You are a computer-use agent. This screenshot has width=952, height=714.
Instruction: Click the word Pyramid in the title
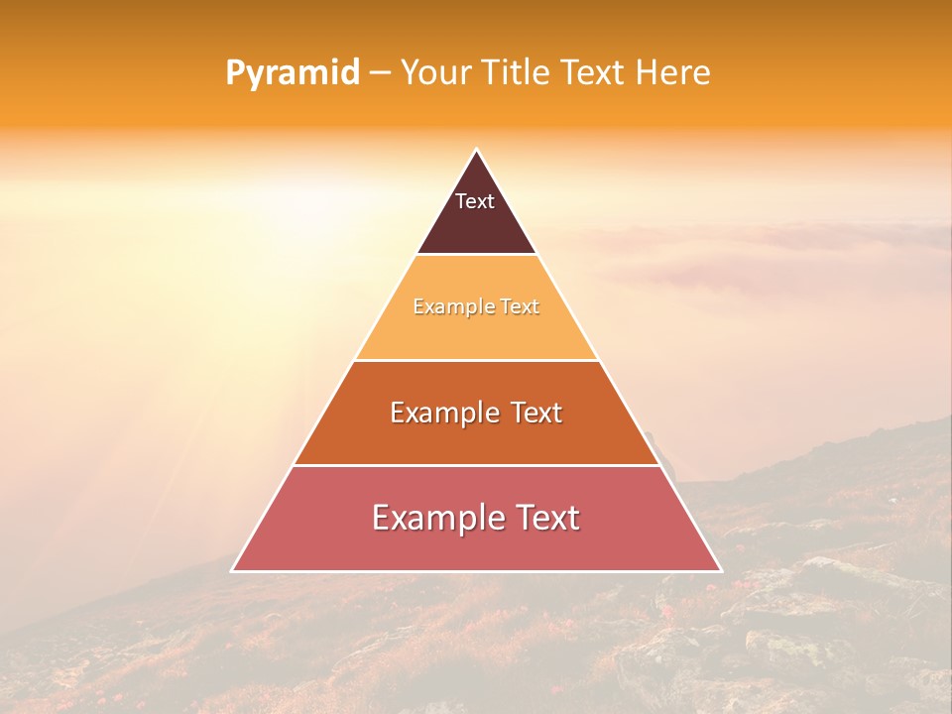point(293,73)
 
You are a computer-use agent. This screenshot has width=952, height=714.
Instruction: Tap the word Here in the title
point(673,73)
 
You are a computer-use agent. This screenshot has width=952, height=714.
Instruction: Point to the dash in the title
point(380,73)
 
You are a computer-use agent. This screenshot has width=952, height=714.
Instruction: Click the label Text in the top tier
point(475,201)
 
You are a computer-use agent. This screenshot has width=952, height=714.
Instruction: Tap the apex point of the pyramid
point(476,151)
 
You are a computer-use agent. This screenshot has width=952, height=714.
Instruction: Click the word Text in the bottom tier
point(546,518)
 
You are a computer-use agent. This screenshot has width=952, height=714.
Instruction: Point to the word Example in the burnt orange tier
point(441,413)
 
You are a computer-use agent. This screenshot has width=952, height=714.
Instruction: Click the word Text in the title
point(590,73)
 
